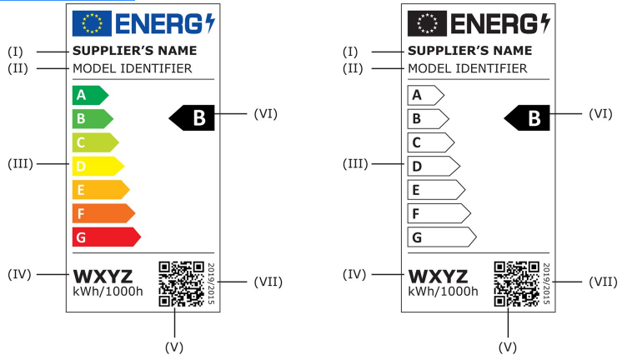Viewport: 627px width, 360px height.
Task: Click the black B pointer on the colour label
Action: (193, 118)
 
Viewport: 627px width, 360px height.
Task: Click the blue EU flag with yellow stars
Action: (92, 24)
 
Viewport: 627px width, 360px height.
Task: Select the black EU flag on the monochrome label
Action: (427, 24)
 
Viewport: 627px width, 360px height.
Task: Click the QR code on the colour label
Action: (181, 283)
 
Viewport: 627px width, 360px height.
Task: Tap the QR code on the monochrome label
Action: (516, 283)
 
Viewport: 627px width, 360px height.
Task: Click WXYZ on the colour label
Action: (103, 276)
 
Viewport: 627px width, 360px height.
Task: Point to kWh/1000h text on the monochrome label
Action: (443, 292)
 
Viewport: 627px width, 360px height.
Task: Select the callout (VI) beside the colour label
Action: (265, 113)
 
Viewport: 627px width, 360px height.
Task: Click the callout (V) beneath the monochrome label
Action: (508, 342)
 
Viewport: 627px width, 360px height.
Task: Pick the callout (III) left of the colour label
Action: (19, 163)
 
